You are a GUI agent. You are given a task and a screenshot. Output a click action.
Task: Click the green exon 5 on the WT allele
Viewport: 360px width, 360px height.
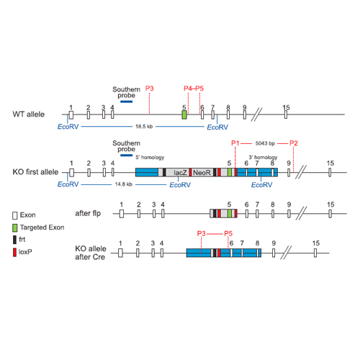click(x=184, y=114)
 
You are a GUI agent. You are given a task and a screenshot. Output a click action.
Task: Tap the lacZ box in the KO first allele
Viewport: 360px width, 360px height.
click(x=178, y=172)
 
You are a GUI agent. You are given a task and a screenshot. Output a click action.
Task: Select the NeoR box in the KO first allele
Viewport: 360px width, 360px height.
click(x=202, y=172)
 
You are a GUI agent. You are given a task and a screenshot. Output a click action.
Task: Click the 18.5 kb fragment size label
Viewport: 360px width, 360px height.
click(x=144, y=127)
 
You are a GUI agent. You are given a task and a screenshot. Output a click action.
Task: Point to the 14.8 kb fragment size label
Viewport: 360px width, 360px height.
click(x=124, y=184)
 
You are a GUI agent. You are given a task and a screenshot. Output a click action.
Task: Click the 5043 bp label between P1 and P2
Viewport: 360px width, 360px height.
click(x=265, y=143)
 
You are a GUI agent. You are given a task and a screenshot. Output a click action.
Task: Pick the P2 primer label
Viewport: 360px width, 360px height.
click(x=294, y=143)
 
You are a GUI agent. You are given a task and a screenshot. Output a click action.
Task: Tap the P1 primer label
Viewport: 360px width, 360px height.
click(x=235, y=143)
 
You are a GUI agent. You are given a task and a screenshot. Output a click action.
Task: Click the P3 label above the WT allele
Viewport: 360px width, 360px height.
click(x=149, y=89)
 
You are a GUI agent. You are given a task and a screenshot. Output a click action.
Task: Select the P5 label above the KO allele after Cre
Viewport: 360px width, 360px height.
click(x=228, y=233)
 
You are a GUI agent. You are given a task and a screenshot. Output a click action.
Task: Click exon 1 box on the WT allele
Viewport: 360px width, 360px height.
click(x=71, y=114)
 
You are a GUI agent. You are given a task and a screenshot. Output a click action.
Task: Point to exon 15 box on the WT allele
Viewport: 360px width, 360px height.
click(x=286, y=114)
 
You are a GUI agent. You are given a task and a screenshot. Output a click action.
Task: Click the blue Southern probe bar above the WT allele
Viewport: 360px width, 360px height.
click(x=127, y=102)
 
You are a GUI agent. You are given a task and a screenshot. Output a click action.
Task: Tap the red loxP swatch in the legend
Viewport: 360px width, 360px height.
click(x=14, y=252)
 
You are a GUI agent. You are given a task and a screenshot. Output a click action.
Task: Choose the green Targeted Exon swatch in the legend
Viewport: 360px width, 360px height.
click(x=15, y=228)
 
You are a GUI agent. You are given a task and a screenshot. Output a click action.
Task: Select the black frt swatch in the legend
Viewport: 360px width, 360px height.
click(x=14, y=240)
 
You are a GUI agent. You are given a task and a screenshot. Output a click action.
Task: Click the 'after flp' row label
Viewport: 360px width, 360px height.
click(x=88, y=213)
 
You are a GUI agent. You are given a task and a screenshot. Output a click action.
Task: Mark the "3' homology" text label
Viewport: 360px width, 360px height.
click(x=263, y=157)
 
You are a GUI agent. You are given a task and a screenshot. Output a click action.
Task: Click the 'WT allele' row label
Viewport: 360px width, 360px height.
click(x=29, y=114)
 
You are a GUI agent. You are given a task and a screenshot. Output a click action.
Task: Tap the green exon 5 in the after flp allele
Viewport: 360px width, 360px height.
click(x=230, y=213)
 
